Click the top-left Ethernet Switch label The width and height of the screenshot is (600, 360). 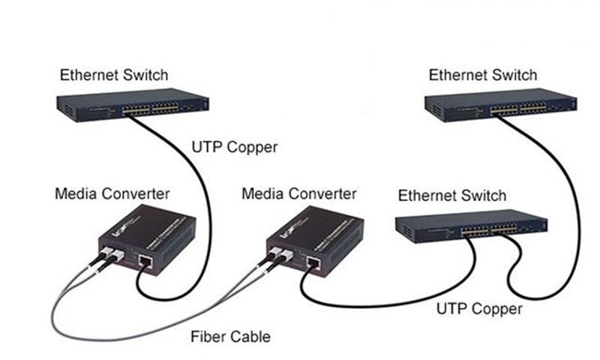pos(114,75)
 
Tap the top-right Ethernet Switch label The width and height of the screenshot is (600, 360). pos(483,75)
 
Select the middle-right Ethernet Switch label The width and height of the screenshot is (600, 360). pos(452,196)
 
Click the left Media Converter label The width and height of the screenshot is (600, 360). pos(112,194)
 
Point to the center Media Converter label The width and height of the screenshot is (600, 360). pos(299,194)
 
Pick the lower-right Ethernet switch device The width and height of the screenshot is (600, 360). pos(471,228)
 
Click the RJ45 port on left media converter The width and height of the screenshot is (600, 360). pos(145,262)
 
